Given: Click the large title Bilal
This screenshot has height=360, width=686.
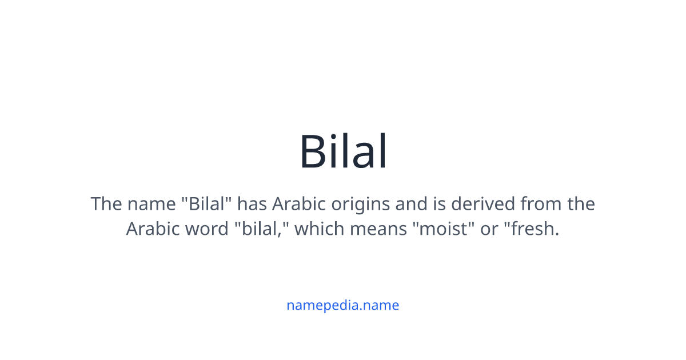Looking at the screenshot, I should coord(343,152).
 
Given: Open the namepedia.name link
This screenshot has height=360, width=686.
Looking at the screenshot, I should coord(342,305).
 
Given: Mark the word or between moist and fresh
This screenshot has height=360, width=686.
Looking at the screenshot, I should coord(489,229).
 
